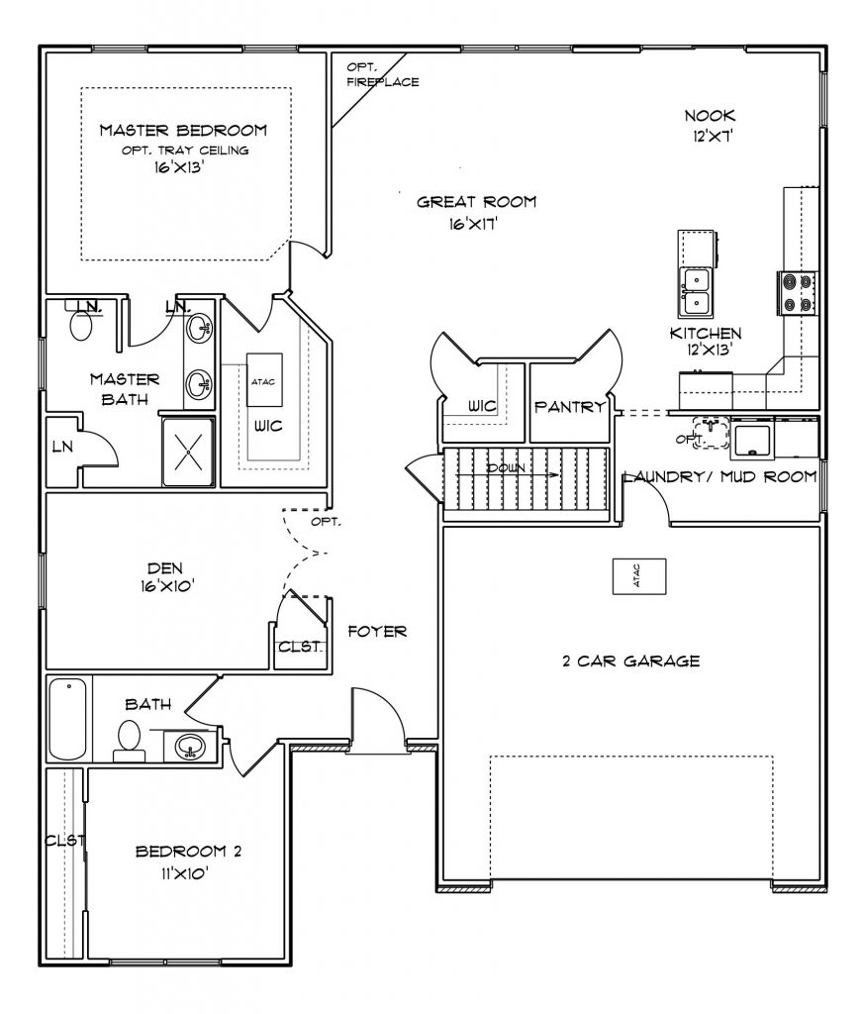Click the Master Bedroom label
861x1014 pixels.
[183, 131]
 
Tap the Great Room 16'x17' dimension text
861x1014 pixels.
[476, 224]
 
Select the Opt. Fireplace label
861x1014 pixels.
[381, 75]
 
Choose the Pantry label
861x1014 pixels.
[569, 407]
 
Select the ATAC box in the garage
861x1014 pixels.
[637, 575]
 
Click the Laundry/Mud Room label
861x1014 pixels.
[720, 477]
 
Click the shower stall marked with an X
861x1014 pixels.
[188, 451]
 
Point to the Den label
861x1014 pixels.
[161, 568]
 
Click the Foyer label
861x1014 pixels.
[377, 631]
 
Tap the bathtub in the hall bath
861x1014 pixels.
[67, 719]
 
